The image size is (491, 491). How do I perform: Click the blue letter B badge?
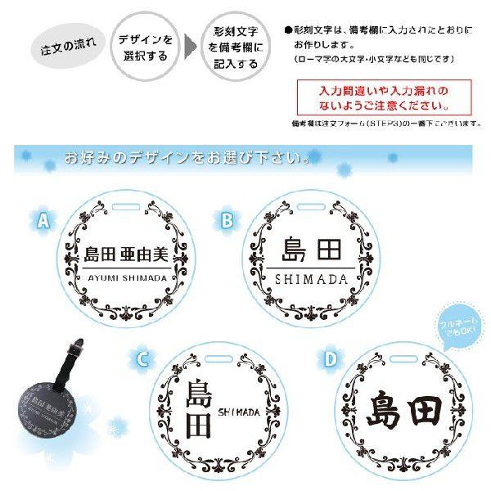[227, 218]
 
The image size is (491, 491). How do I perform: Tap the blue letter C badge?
[142, 358]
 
